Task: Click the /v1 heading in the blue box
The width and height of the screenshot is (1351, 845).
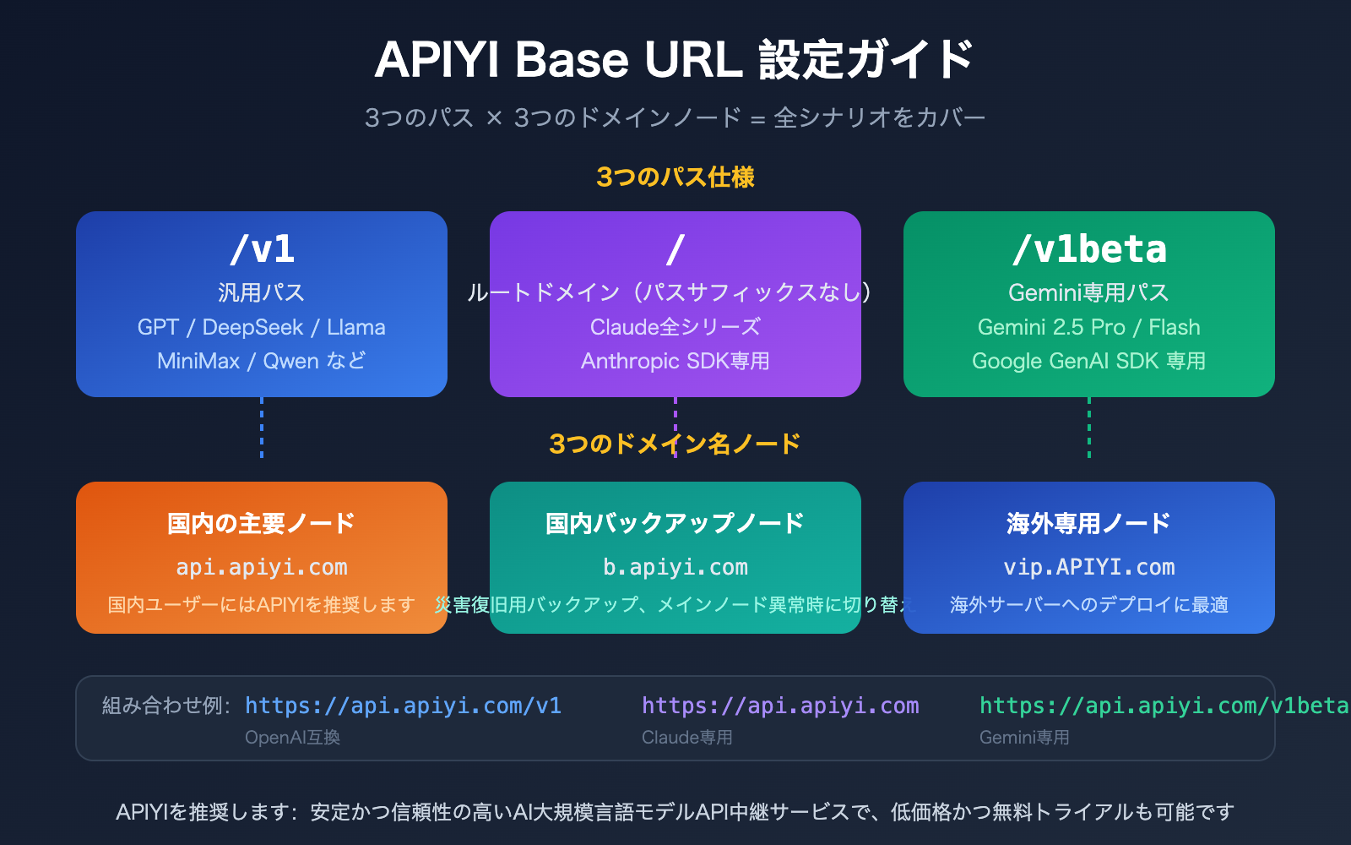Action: point(262,249)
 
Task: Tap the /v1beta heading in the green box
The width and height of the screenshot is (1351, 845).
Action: point(1089,249)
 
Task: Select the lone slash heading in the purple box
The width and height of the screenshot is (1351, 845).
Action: point(675,249)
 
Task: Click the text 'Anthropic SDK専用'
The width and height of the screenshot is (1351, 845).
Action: point(675,361)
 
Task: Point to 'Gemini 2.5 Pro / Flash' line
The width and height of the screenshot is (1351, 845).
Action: point(1088,327)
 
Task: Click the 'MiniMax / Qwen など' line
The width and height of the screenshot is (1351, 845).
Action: point(262,361)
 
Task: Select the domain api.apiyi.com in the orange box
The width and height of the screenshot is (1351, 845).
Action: point(262,567)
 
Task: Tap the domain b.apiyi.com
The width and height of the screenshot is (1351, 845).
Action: point(675,567)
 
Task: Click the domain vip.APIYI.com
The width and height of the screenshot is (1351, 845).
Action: point(1088,567)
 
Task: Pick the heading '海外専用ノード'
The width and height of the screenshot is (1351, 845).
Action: point(1088,523)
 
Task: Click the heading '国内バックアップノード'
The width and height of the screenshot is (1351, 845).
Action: point(675,523)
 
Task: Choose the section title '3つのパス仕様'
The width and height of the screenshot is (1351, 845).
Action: point(675,177)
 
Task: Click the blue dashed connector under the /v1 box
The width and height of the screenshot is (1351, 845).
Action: point(262,428)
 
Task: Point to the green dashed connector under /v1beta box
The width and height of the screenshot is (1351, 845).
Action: point(1089,428)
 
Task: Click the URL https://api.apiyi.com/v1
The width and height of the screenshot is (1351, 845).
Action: point(403,706)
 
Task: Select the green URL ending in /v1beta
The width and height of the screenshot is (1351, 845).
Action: point(1164,706)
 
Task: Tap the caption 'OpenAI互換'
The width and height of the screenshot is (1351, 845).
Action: point(292,738)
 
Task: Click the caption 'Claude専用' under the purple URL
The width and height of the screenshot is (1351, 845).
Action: point(686,738)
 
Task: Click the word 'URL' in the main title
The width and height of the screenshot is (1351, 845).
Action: point(692,60)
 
